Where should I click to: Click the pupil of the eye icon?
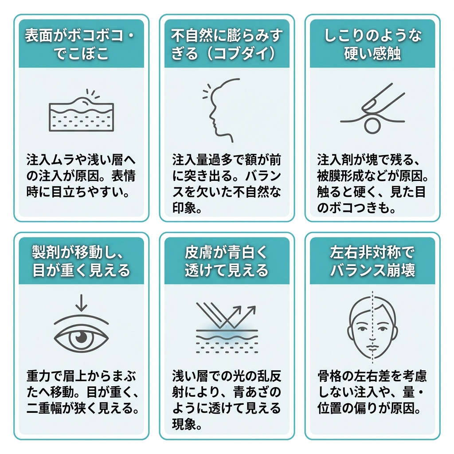tap(81, 337)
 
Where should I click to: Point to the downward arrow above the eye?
tap(82, 302)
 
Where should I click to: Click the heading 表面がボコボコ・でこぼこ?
tap(81, 44)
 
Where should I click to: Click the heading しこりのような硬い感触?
tap(372, 44)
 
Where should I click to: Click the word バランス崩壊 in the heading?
tap(372, 270)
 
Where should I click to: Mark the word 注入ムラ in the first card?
tap(51, 160)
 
